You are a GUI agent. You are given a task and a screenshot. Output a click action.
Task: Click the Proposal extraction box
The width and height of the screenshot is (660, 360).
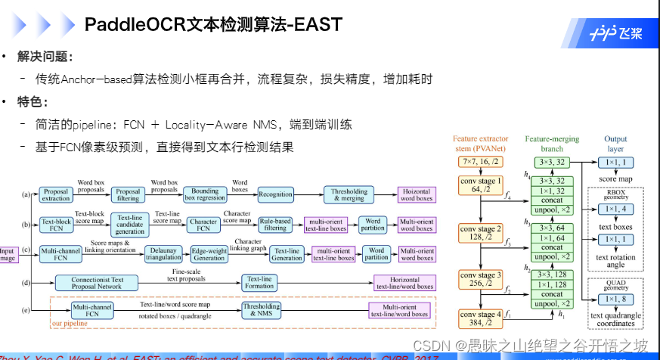[x=56, y=195]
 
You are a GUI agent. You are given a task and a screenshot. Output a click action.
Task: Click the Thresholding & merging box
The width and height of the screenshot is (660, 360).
[x=347, y=194]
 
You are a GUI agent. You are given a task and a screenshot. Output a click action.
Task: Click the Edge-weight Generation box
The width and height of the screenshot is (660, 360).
[x=209, y=253]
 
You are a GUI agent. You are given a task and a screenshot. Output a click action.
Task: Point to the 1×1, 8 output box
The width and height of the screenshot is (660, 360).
[x=618, y=298]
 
